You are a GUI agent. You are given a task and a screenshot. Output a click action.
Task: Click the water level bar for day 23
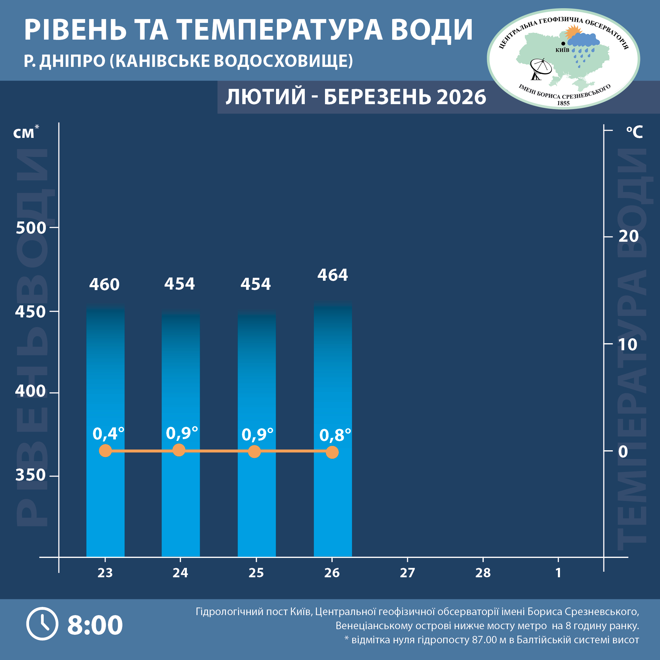pyautogui.click(x=105, y=410)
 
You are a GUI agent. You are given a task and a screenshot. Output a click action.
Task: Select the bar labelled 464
pyautogui.click(x=333, y=410)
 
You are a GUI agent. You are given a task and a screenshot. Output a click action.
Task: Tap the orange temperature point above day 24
pyautogui.click(x=179, y=450)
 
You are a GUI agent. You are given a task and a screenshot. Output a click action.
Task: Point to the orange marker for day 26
pyautogui.click(x=332, y=452)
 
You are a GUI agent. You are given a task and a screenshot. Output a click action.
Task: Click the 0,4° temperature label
pyautogui.click(x=108, y=434)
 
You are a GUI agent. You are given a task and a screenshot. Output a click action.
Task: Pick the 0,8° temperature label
pyautogui.click(x=335, y=435)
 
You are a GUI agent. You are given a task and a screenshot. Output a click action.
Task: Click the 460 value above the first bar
pyautogui.click(x=104, y=285)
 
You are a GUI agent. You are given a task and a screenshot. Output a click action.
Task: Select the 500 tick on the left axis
pyautogui.click(x=31, y=228)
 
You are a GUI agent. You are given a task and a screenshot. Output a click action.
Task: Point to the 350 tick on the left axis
pyautogui.click(x=31, y=475)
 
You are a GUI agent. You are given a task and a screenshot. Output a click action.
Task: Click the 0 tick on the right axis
pyautogui.click(x=623, y=452)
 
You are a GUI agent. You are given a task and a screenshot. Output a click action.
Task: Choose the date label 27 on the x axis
pyautogui.click(x=407, y=573)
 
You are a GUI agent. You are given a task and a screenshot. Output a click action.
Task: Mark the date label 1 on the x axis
pyautogui.click(x=558, y=573)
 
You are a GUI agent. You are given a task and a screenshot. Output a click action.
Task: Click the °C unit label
pyautogui.click(x=634, y=132)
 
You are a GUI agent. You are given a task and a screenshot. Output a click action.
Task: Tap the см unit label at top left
pyautogui.click(x=24, y=133)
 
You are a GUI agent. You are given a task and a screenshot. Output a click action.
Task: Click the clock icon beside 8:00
pyautogui.click(x=42, y=624)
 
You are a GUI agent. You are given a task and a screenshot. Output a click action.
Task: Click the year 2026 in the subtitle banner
pyautogui.click(x=461, y=97)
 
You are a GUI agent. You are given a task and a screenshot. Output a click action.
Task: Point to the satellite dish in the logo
pyautogui.click(x=540, y=68)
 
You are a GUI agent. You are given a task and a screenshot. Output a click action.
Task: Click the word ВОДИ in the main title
pyautogui.click(x=432, y=30)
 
